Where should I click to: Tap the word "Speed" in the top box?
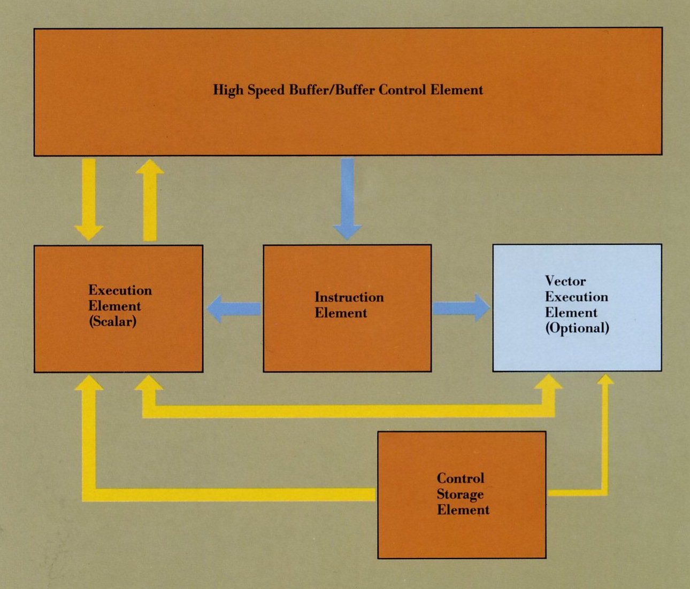[x=265, y=90]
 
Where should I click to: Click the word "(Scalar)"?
[x=112, y=322]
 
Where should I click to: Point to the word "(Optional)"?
[x=577, y=328]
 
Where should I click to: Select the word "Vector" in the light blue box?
[x=565, y=281]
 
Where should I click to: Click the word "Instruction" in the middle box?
[x=349, y=297]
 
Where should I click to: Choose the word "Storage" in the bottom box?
[x=460, y=494]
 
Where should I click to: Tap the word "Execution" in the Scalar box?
[x=120, y=290]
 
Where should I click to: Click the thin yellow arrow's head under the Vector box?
[x=605, y=379]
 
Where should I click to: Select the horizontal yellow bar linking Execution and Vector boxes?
[x=348, y=410]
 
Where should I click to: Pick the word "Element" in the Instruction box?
[x=340, y=313]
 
